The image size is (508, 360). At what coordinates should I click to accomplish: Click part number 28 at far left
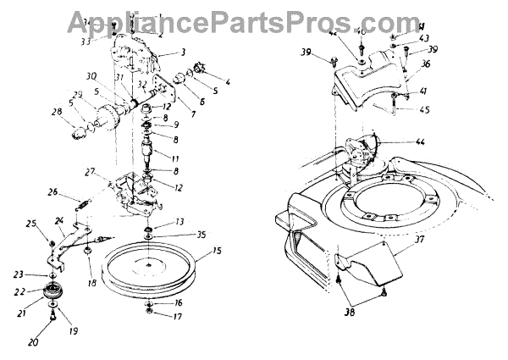58,112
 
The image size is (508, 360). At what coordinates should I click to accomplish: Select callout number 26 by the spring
52,192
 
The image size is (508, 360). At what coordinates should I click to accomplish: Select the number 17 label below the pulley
177,318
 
